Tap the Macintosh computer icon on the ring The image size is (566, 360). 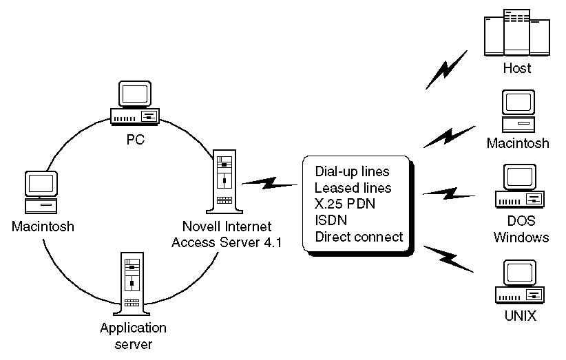[42, 192]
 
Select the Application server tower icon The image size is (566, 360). [134, 283]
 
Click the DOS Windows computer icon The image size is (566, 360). [518, 187]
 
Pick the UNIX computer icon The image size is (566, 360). [518, 283]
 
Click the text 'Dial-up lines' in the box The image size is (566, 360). [352, 171]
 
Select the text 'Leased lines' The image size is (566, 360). [353, 188]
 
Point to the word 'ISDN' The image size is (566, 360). [331, 221]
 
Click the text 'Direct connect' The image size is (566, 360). [358, 237]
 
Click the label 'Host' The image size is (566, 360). [517, 68]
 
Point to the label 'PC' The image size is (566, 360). [134, 140]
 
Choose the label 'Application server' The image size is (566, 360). [134, 335]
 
